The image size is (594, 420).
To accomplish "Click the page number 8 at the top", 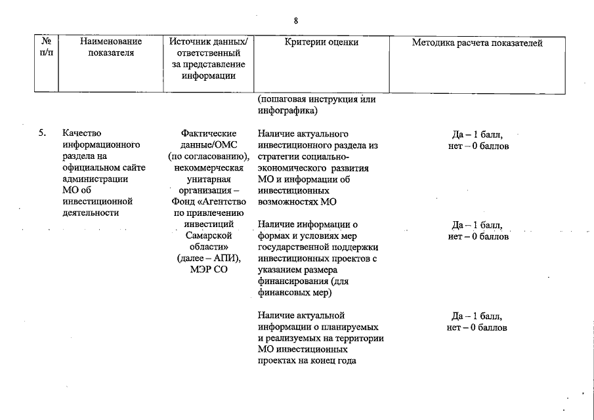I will point(296,21).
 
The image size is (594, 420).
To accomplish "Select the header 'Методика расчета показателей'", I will point(477,43).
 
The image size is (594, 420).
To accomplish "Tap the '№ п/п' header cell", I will point(47,48).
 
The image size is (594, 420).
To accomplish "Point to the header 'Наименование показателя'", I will point(111,48).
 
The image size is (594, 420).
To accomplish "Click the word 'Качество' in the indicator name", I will point(82,134).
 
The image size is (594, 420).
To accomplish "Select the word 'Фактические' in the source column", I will point(208,134).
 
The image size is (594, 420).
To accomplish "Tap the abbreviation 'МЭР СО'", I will point(209,269).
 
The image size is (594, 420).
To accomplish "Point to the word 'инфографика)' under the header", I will point(285,110).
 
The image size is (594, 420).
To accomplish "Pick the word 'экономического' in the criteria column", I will point(289,168).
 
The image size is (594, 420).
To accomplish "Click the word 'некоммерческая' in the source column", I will point(208,168).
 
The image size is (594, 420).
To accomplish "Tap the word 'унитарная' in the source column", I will point(208,179).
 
